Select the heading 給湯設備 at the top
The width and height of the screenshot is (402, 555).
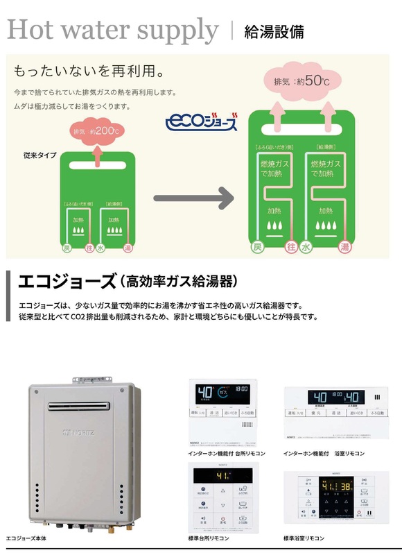274,32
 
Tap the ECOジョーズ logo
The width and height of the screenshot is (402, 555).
202,123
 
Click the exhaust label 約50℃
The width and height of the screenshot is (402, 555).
302,81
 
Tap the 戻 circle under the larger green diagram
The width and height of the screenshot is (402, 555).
258,248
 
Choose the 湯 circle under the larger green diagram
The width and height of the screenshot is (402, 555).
343,248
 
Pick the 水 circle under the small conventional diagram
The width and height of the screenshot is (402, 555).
101,248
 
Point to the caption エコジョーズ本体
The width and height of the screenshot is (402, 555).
29,538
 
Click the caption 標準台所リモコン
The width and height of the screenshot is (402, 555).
213,538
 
